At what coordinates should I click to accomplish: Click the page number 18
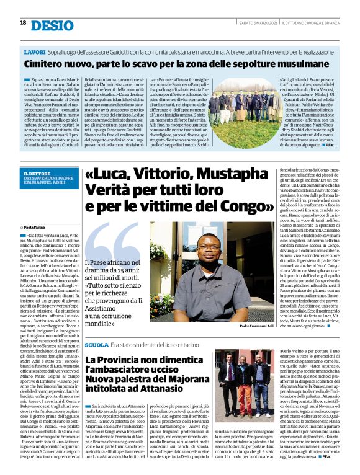coord(23,22)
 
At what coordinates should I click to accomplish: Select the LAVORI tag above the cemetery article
coord(34,51)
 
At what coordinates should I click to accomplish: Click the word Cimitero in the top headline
coord(46,63)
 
